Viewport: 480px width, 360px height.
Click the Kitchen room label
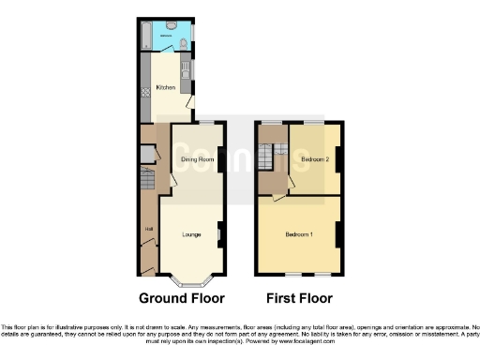[x=165, y=88]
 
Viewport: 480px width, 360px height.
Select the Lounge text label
[x=192, y=233]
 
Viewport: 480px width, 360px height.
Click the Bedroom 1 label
[x=299, y=233]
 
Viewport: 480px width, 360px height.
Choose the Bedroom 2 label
[x=315, y=159]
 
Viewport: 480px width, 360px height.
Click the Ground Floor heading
[x=182, y=299]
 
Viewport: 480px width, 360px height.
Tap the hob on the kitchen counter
[x=144, y=92]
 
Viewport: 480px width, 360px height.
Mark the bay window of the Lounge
[x=190, y=277]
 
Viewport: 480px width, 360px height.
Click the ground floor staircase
[x=147, y=178]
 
